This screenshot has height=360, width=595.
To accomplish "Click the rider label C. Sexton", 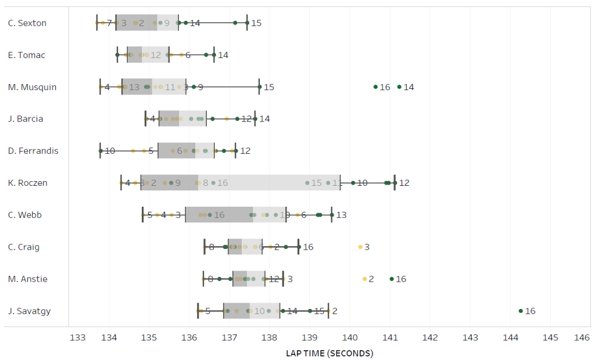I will [27, 23].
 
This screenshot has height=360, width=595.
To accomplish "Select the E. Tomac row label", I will [27, 55].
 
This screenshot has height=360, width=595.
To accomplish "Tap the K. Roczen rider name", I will [28, 183].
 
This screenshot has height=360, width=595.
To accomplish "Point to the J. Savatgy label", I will [29, 311].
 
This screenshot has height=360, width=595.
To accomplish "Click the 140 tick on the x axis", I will [350, 337].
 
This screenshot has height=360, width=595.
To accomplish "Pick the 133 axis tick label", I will [77, 337].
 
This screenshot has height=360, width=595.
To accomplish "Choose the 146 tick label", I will [582, 337].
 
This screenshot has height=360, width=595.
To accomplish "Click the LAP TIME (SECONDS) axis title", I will [329, 353].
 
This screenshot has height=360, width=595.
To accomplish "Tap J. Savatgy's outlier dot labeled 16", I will [521, 311].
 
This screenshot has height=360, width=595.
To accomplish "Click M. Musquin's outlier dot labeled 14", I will [399, 87].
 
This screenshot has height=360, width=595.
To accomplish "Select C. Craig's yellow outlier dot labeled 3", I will [360, 247].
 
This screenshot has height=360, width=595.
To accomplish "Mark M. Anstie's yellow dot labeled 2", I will [365, 279].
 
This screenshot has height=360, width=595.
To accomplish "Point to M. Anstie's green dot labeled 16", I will [392, 279].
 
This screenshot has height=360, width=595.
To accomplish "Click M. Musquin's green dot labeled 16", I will [375, 87].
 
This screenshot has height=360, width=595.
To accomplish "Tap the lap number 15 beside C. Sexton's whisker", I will [256, 23].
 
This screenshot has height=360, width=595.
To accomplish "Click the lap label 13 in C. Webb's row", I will [341, 215].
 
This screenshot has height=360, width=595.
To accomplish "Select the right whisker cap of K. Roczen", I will [395, 183].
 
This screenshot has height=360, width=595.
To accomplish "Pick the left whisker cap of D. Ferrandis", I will [100, 151].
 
